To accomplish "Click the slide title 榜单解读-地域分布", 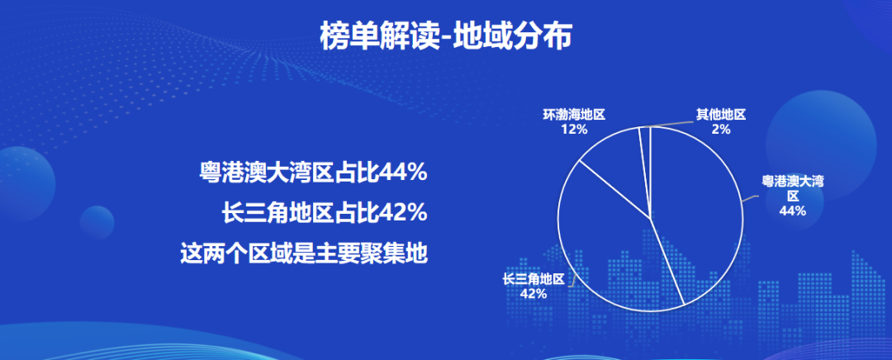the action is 445,36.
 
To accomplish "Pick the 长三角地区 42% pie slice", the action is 609,250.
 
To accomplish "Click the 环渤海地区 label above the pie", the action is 574,115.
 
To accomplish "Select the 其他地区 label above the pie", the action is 721,115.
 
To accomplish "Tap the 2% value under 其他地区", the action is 721,129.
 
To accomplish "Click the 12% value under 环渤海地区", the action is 574,129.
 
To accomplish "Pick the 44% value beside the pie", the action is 793,211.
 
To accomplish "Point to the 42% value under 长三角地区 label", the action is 534,293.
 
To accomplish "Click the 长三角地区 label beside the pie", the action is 534,279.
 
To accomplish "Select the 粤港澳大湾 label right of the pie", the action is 793,182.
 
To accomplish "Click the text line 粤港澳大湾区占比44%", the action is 313,173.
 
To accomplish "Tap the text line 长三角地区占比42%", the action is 325,213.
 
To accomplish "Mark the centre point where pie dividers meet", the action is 651,219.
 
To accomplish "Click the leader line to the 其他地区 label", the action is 671,123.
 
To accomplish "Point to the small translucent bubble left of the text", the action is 97,222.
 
